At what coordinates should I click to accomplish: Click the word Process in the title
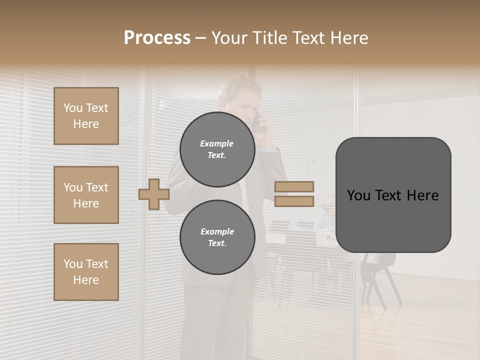pyautogui.click(x=157, y=38)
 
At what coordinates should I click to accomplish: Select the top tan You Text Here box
pyautogui.click(x=86, y=116)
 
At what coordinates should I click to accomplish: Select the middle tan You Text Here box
pyautogui.click(x=86, y=195)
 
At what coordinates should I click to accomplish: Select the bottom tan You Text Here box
pyautogui.click(x=86, y=272)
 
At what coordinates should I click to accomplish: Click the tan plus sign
pyautogui.click(x=153, y=194)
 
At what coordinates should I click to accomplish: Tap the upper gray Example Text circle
pyautogui.click(x=217, y=149)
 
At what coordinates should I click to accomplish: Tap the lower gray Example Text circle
pyautogui.click(x=217, y=237)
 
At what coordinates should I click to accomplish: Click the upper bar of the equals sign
pyautogui.click(x=294, y=186)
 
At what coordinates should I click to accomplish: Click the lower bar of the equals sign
pyautogui.click(x=294, y=201)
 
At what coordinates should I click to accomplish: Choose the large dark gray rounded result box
pyautogui.click(x=393, y=195)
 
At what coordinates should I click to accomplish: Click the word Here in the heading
pyautogui.click(x=349, y=38)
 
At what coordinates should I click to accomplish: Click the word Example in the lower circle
pyautogui.click(x=217, y=231)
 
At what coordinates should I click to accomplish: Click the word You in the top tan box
pyautogui.click(x=73, y=108)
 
